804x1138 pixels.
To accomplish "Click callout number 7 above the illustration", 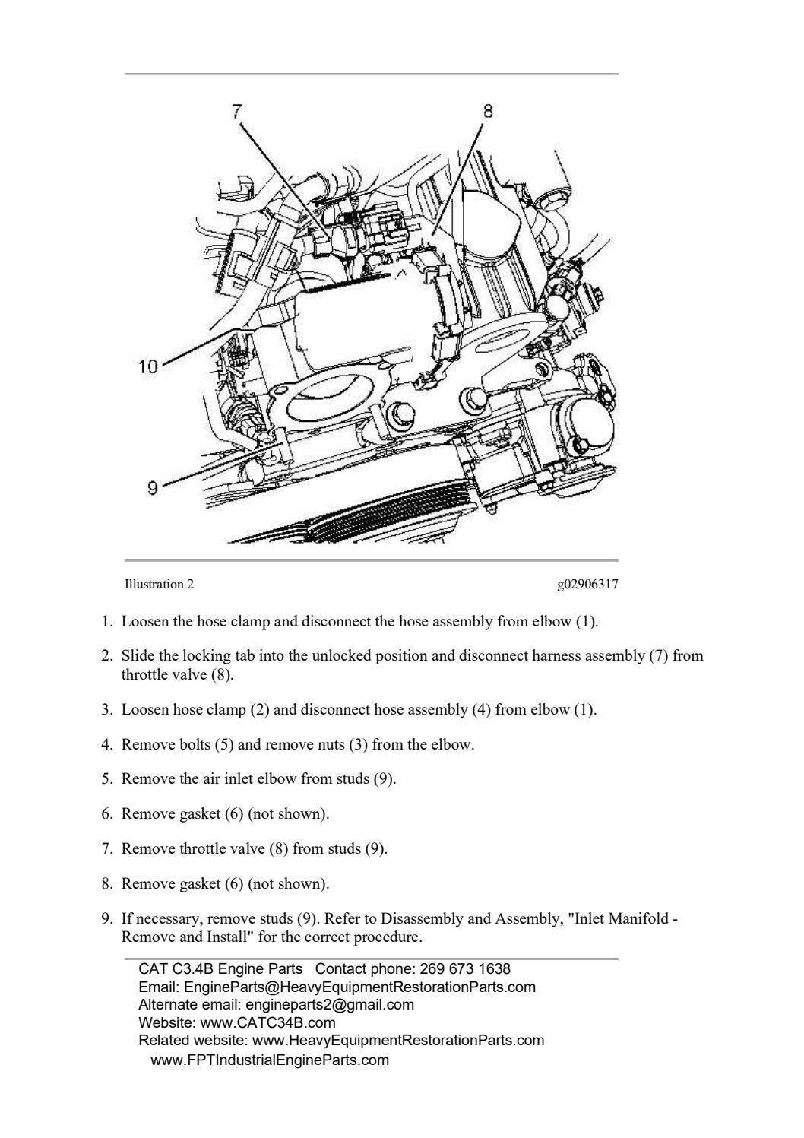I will click(236, 110).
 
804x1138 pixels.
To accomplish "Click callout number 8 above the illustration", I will click(488, 111).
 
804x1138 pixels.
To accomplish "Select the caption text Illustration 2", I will click(159, 585).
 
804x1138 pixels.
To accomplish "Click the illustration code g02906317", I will click(587, 585).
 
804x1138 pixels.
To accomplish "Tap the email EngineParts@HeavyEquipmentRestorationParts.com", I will click(359, 987).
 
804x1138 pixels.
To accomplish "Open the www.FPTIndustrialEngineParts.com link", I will click(270, 1060).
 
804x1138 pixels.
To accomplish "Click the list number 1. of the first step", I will click(107, 622).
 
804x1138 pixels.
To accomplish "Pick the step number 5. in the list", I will click(107, 779).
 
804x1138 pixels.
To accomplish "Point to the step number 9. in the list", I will click(107, 919).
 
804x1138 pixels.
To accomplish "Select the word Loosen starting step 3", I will click(145, 710).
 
